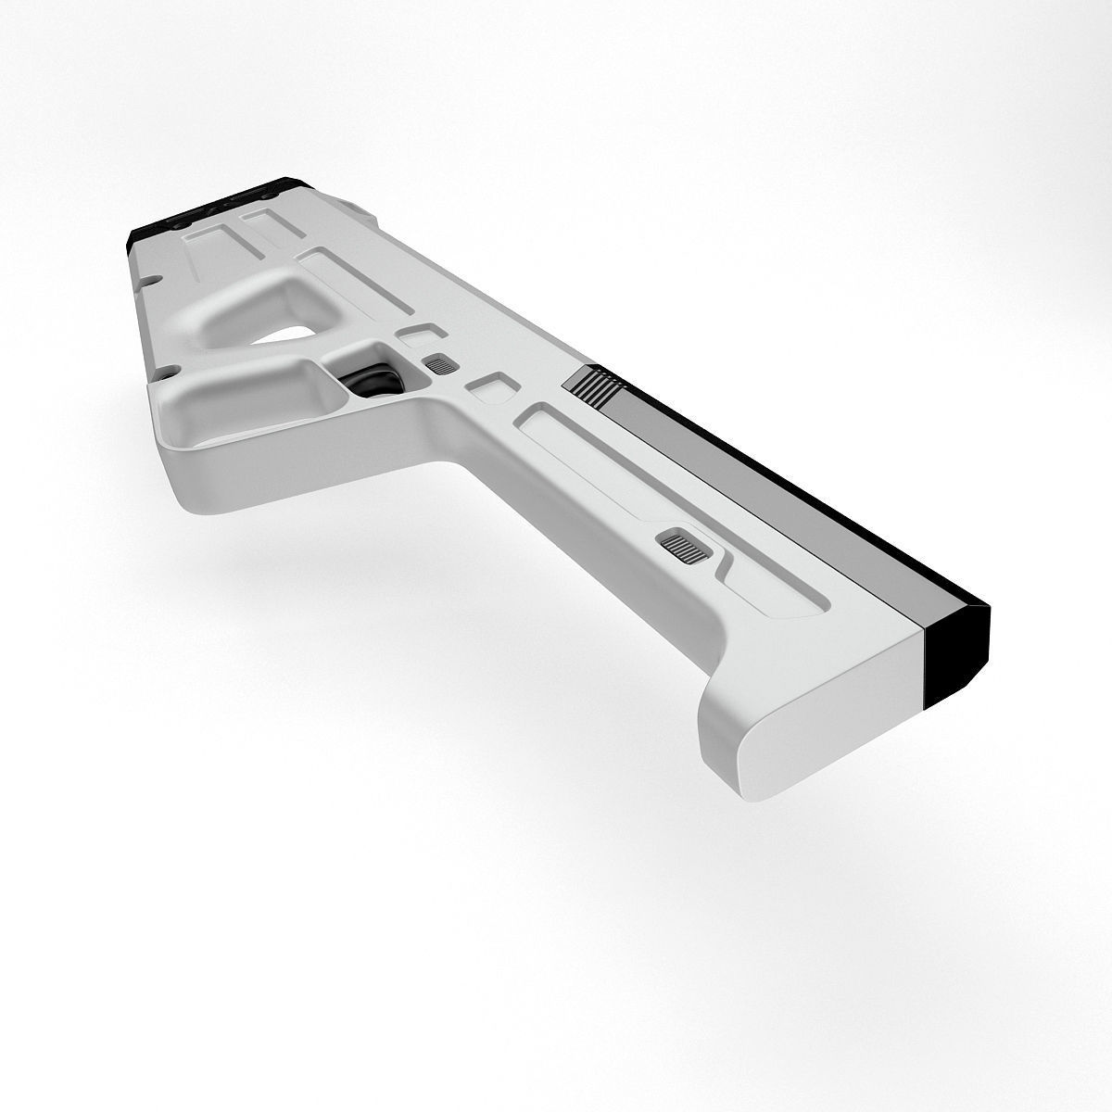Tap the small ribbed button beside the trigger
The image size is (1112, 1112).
(x=436, y=364)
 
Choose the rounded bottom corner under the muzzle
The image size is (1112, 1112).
(x=741, y=732)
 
